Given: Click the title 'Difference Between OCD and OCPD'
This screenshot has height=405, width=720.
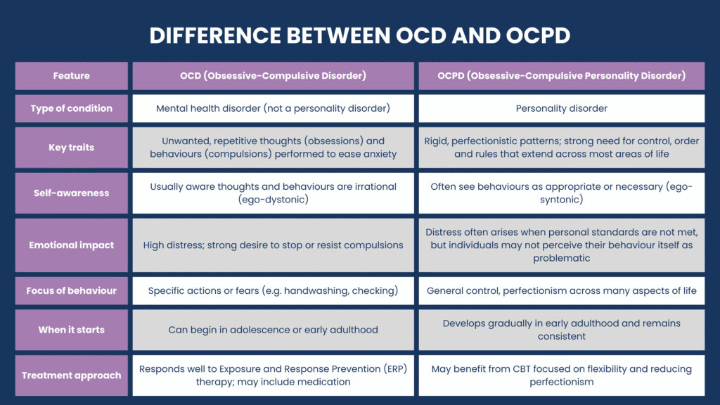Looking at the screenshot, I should pyautogui.click(x=360, y=35).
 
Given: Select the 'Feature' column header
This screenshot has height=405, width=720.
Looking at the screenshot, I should pyautogui.click(x=71, y=76).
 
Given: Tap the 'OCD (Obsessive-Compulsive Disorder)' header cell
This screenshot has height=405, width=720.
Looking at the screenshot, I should pyautogui.click(x=273, y=76).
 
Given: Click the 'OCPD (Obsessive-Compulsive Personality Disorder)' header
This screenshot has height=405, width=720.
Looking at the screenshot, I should pyautogui.click(x=561, y=76).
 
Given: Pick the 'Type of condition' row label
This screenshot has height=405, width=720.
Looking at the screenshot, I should pyautogui.click(x=71, y=108).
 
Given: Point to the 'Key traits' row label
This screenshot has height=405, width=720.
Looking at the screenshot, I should pyautogui.click(x=71, y=148).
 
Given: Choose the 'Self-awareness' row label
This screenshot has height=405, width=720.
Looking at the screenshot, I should pyautogui.click(x=71, y=193).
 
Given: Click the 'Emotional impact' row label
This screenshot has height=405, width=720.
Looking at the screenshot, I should pyautogui.click(x=71, y=245).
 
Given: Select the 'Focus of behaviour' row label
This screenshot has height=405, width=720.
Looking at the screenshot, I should pyautogui.click(x=71, y=290).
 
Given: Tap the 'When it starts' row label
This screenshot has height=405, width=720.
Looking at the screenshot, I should pyautogui.click(x=71, y=330).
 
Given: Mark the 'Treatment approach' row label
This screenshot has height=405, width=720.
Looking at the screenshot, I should pyautogui.click(x=71, y=375).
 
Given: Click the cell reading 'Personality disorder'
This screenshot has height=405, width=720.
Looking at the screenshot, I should pyautogui.click(x=561, y=108).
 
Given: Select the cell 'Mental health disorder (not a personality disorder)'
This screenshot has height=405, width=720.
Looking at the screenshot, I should pyautogui.click(x=273, y=108).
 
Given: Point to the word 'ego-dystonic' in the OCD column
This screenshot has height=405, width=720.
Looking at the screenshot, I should pyautogui.click(x=273, y=200).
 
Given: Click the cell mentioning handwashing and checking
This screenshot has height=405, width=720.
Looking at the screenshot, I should pyautogui.click(x=273, y=290).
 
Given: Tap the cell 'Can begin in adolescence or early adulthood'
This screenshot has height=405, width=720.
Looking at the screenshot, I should pyautogui.click(x=273, y=330).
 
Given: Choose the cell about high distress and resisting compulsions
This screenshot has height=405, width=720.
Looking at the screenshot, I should pyautogui.click(x=273, y=245).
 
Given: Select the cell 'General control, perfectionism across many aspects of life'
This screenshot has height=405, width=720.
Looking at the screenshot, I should pyautogui.click(x=561, y=290).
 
